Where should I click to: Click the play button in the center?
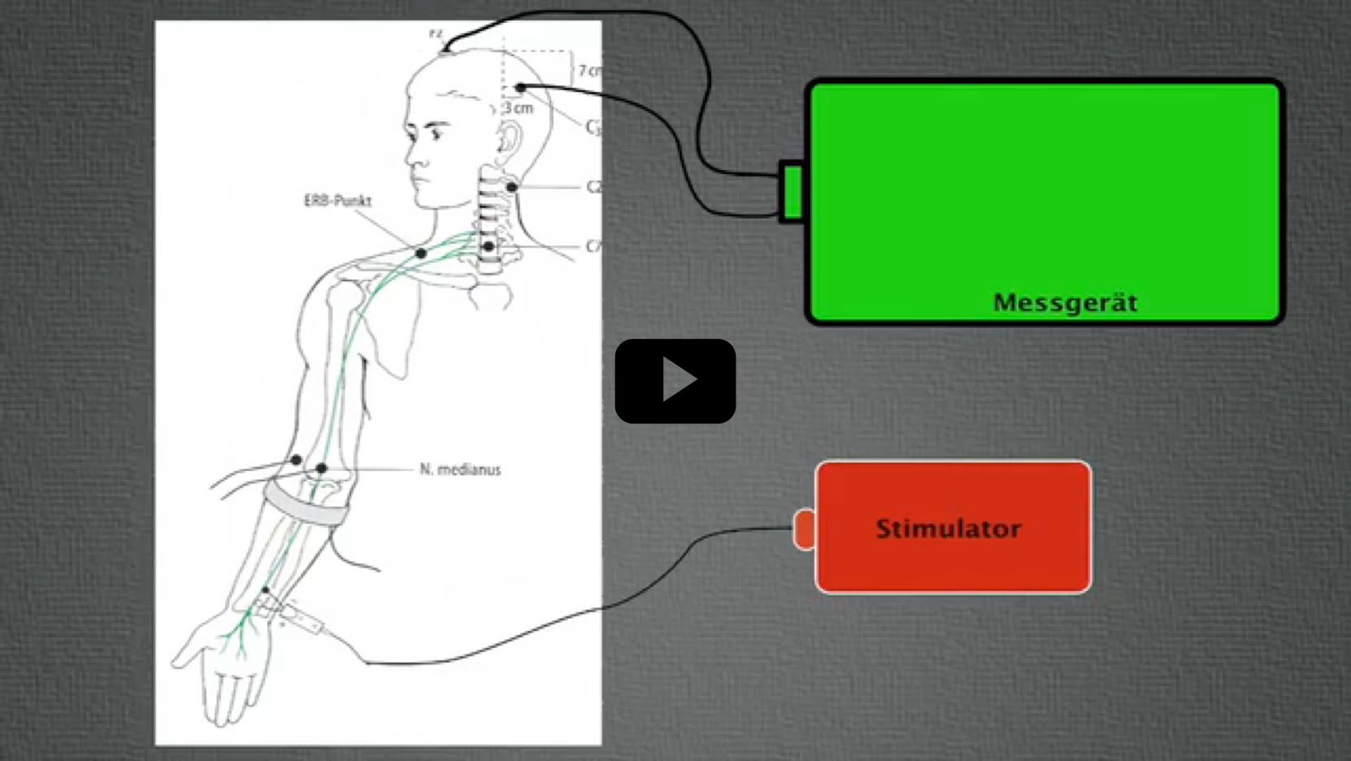tap(675, 380)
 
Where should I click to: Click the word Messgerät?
tap(1065, 303)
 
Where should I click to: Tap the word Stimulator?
tap(948, 528)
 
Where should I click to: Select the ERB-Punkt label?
tap(337, 201)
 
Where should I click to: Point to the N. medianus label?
tap(460, 469)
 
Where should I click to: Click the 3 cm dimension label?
tap(519, 108)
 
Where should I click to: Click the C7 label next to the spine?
tap(593, 246)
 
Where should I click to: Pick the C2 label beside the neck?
tap(593, 187)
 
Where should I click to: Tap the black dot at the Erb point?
tap(420, 254)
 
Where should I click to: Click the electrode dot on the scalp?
tap(520, 88)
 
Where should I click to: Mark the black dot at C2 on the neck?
tap(511, 187)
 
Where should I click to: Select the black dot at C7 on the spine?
tap(488, 246)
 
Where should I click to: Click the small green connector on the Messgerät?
tap(792, 192)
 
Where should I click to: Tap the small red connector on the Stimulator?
tap(804, 529)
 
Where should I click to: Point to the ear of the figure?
tap(510, 140)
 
